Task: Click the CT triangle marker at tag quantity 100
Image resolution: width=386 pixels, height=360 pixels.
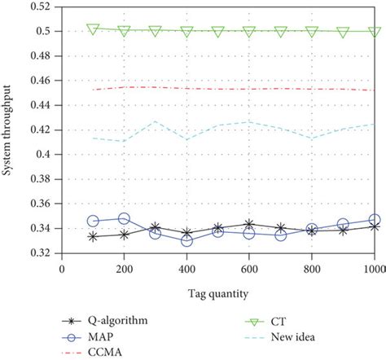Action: (93, 29)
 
